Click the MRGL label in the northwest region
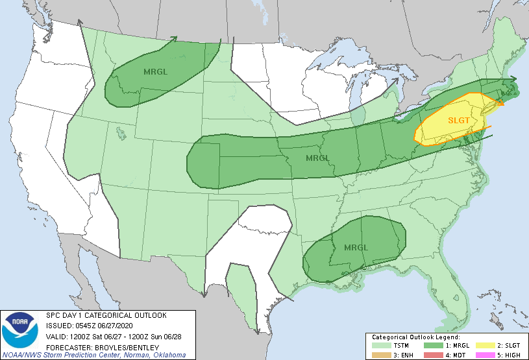tap(156, 71)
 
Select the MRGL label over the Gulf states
tap(356, 248)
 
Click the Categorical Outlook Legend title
tap(415, 337)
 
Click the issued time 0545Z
tap(81, 326)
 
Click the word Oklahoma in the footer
tap(170, 355)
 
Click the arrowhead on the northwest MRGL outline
tap(175, 39)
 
